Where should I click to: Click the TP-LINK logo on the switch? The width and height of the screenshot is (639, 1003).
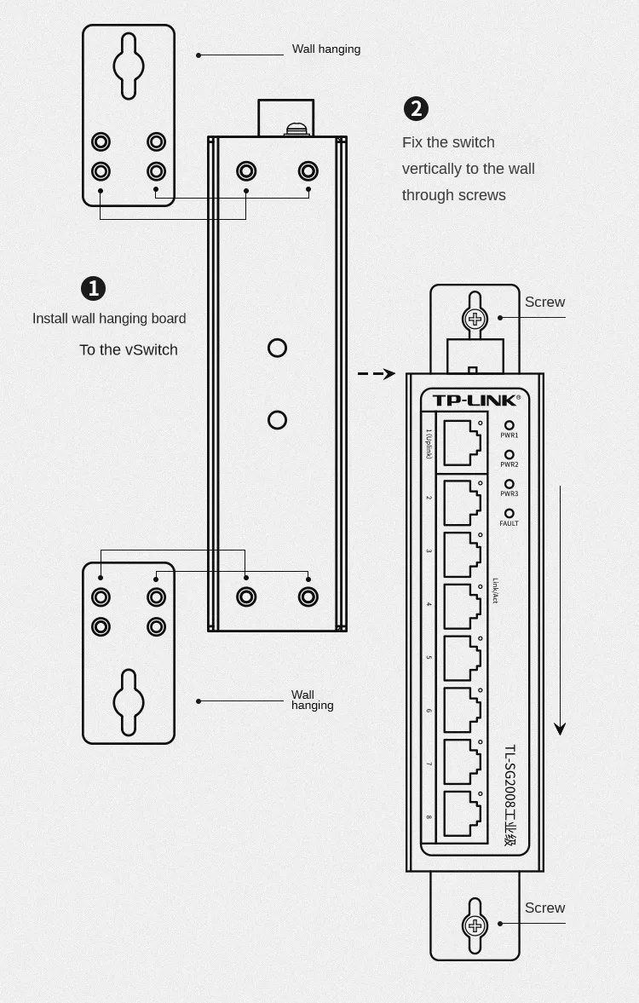click(475, 401)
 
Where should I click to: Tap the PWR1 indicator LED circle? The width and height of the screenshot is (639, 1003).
click(509, 425)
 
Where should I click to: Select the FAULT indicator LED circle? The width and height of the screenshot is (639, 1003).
click(509, 513)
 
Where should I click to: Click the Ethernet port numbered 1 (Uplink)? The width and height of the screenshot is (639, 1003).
click(463, 441)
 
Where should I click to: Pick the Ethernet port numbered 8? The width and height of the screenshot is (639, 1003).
click(463, 813)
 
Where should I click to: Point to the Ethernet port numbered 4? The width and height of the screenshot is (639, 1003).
click(463, 605)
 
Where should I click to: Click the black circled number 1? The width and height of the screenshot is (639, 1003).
click(93, 289)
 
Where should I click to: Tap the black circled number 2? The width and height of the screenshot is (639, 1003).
click(416, 109)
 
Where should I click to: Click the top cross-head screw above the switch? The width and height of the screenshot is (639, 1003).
click(475, 320)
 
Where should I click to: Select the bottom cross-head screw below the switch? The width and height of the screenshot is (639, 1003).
click(475, 925)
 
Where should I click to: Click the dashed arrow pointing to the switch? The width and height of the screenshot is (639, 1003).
click(376, 373)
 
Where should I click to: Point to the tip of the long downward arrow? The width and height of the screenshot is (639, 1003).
click(560, 731)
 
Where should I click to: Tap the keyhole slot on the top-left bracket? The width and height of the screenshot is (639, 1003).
click(129, 66)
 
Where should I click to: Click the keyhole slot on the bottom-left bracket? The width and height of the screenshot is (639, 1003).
click(129, 702)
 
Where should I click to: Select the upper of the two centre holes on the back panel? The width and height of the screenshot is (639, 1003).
click(277, 348)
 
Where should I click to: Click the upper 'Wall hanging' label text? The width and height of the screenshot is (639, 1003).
click(326, 49)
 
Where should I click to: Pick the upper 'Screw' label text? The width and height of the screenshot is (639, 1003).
click(544, 303)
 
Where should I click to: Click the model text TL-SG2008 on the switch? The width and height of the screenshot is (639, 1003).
click(509, 780)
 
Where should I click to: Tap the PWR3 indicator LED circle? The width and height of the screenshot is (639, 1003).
click(509, 484)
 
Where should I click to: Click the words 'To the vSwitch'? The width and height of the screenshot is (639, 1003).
click(129, 350)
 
